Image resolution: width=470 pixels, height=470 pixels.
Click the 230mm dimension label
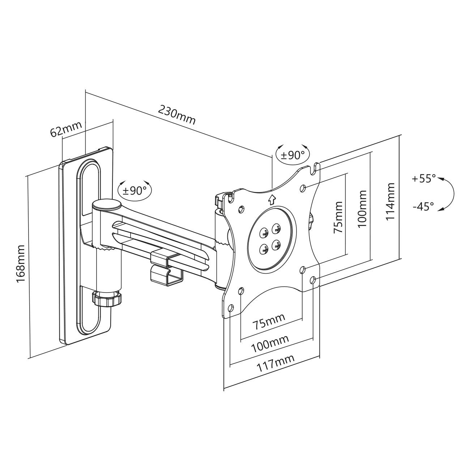[177, 115]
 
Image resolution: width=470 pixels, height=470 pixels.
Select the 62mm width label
[66, 129]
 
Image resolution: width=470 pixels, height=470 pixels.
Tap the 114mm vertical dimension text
[390, 202]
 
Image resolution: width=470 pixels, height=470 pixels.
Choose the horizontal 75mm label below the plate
[268, 321]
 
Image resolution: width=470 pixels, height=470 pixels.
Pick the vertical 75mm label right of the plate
[338, 217]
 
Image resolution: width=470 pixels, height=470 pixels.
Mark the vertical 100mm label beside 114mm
[362, 209]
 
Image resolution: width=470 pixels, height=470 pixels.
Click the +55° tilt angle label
[424, 178]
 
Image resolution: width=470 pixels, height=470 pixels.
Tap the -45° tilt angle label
[423, 206]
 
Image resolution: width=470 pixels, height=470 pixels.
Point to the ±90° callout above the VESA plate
[293, 155]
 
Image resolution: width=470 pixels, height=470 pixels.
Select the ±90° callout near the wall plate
[135, 190]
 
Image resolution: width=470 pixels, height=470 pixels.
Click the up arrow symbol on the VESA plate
[272, 198]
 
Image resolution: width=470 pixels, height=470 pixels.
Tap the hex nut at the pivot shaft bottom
[107, 299]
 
